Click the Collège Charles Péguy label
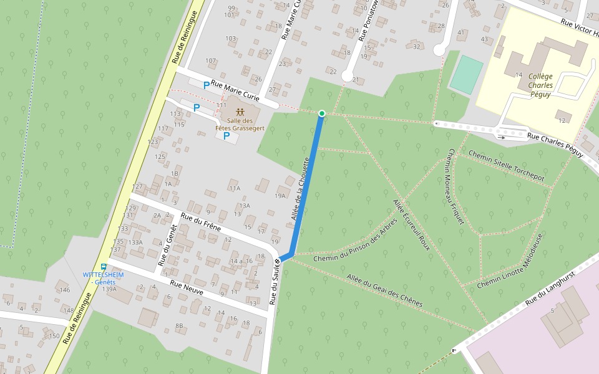click(540, 85)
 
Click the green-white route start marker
click(321, 113)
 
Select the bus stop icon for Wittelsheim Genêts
click(104, 267)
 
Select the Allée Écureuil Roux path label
click(412, 224)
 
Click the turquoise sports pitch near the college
click(466, 75)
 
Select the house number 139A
click(109, 289)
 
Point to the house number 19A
click(280, 195)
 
